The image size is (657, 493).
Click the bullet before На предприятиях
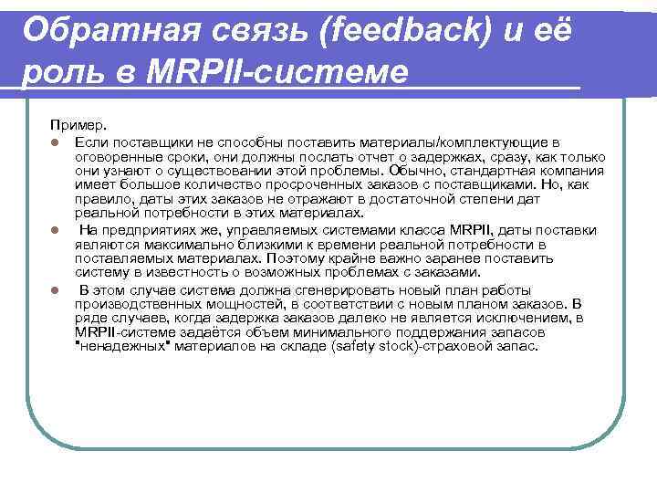click(55, 230)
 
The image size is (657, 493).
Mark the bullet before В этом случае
click(55, 290)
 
